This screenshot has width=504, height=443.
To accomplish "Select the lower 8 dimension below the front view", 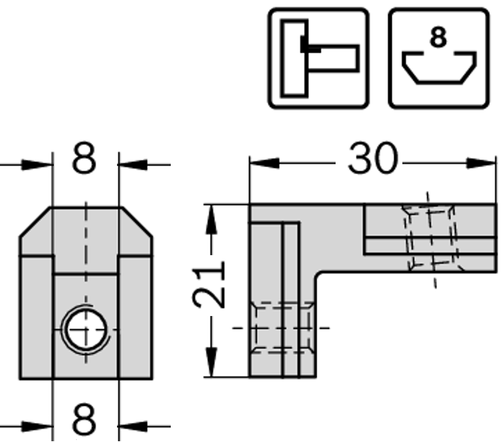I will [x=84, y=420].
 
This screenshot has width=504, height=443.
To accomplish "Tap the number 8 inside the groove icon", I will [x=438, y=38].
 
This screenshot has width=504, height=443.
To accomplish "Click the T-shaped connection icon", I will [x=318, y=58].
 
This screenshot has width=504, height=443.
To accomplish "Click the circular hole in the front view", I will [x=86, y=328].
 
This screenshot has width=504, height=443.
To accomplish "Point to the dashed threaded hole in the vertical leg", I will [x=281, y=328].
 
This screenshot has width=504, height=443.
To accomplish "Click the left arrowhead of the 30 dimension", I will [x=264, y=163].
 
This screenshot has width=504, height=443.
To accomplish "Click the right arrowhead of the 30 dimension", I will [x=481, y=163].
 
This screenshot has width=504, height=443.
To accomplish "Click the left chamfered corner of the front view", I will [x=35, y=222].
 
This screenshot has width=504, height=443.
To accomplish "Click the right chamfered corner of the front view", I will [x=137, y=222].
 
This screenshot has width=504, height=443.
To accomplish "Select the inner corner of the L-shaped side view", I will [x=320, y=273].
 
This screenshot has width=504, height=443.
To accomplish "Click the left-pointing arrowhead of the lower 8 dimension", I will [x=133, y=425].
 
